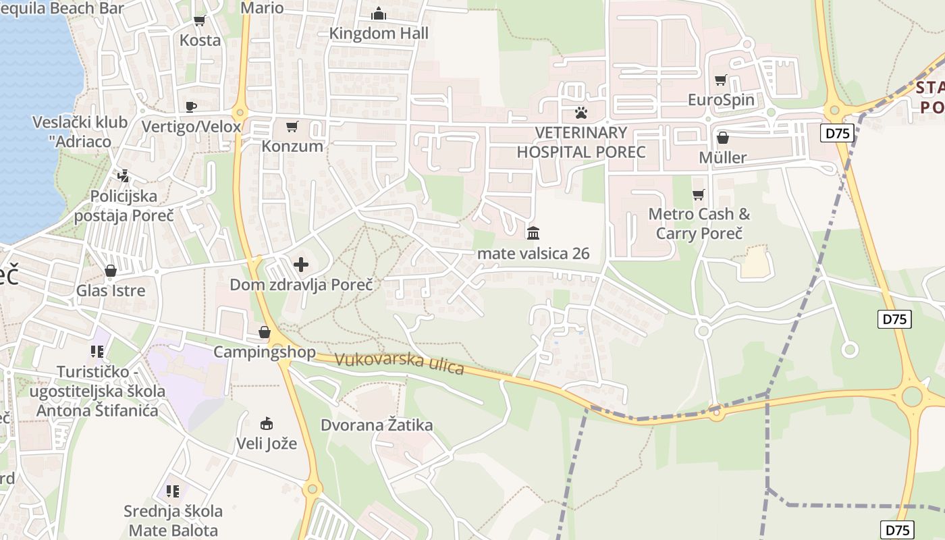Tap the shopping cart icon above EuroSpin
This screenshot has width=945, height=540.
[720, 80]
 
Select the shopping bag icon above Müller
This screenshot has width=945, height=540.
[723, 138]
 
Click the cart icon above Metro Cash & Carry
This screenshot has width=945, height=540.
[698, 194]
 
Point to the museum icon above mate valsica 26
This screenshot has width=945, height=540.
[533, 234]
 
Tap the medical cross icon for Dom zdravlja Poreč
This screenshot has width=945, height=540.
[301, 264]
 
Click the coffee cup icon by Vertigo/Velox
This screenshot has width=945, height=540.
[191, 107]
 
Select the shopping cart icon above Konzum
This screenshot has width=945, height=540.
[292, 126]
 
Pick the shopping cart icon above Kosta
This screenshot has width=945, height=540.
[199, 20]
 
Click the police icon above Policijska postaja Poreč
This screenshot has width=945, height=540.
[123, 176]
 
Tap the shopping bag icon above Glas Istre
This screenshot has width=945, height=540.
[111, 271]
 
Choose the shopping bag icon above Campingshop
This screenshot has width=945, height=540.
[265, 332]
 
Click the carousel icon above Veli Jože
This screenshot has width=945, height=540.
[267, 424]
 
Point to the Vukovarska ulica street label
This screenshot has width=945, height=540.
[400, 363]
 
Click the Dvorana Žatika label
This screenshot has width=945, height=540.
[377, 425]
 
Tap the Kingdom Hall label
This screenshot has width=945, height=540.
[379, 33]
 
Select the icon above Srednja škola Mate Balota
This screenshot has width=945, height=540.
[173, 491]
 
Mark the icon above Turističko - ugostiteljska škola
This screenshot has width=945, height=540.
[97, 351]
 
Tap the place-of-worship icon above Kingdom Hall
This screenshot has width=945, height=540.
[379, 13]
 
